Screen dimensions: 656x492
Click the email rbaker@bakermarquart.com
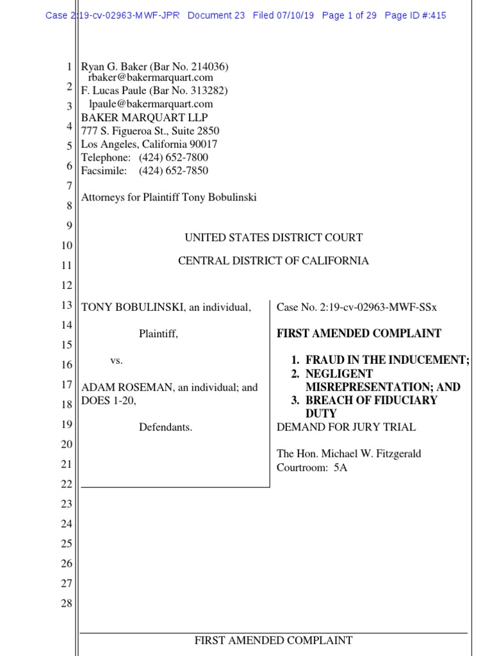pos(150,78)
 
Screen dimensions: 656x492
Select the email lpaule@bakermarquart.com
pos(150,104)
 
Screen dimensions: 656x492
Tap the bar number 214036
pos(205,67)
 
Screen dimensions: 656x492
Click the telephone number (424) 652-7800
pos(173,158)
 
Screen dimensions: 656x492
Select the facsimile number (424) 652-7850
pos(173,170)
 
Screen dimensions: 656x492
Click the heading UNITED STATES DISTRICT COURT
pos(274,238)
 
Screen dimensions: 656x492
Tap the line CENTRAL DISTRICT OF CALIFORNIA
pos(274,261)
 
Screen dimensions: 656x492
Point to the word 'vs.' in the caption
pos(116,361)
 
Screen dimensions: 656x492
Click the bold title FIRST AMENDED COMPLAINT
pos(359,334)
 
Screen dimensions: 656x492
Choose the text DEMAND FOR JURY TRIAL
pos(346,427)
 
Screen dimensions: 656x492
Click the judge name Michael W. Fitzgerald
pos(372,454)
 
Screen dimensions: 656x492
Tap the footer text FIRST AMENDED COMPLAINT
pos(274,640)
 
